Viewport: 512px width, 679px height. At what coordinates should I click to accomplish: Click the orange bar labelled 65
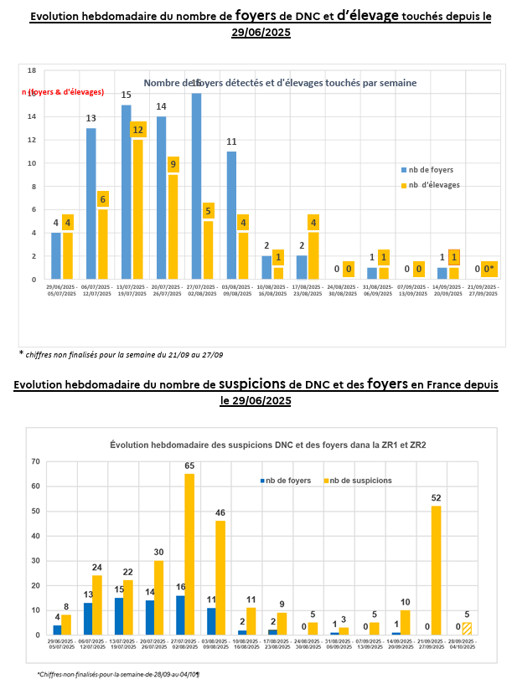coord(189,554)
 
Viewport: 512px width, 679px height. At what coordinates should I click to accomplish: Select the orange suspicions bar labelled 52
coord(435,570)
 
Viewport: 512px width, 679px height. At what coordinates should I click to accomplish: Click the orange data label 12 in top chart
coord(138,130)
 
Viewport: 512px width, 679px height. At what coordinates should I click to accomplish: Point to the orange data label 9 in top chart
coord(173,165)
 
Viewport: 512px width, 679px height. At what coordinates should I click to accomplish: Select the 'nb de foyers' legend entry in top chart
coord(431,169)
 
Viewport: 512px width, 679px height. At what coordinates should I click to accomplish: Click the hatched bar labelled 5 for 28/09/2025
coord(467,628)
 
